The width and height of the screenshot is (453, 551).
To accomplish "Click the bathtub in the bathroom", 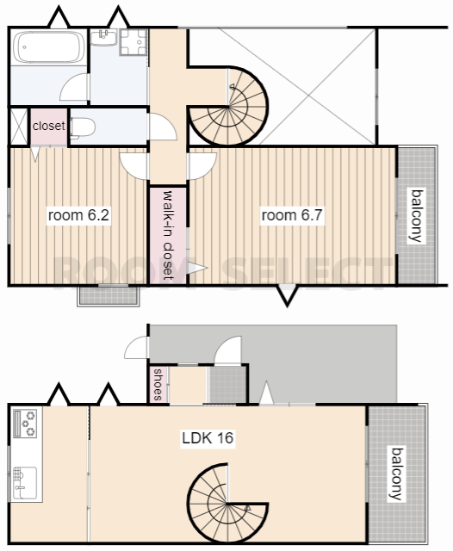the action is coord(49,47).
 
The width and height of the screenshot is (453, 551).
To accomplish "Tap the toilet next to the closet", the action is coord(83,127).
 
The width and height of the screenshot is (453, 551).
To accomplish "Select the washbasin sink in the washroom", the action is coord(103,37).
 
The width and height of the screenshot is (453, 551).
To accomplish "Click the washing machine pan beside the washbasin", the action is coord(133,42).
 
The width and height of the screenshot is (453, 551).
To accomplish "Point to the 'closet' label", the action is coord(49,126).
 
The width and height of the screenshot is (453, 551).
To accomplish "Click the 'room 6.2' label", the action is coord(78,215).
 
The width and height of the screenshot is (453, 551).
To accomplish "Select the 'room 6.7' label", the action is coord(292,215).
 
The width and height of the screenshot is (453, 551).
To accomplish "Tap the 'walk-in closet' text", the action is coord(169,235).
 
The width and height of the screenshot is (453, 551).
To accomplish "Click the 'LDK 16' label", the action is coord(208,438).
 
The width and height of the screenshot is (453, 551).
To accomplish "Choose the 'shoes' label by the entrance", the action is coord(158,385).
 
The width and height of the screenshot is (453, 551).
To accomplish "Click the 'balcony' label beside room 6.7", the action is coord(417,216).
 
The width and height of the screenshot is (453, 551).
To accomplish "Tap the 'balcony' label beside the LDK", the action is coord(397,474).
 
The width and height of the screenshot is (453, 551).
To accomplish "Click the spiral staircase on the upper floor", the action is coord(229,106).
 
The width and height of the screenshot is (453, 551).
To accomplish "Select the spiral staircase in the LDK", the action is coord(227,503).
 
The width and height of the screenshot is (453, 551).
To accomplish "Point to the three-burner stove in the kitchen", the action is coord(25,424).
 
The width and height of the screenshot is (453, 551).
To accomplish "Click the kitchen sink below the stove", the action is coord(25,482).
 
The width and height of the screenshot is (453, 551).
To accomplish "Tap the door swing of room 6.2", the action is coord(133,166).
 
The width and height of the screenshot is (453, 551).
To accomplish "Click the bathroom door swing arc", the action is coord(74,88).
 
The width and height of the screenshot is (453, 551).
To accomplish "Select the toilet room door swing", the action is coord(163,127).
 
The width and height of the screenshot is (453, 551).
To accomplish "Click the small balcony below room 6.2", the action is coord(109,295).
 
